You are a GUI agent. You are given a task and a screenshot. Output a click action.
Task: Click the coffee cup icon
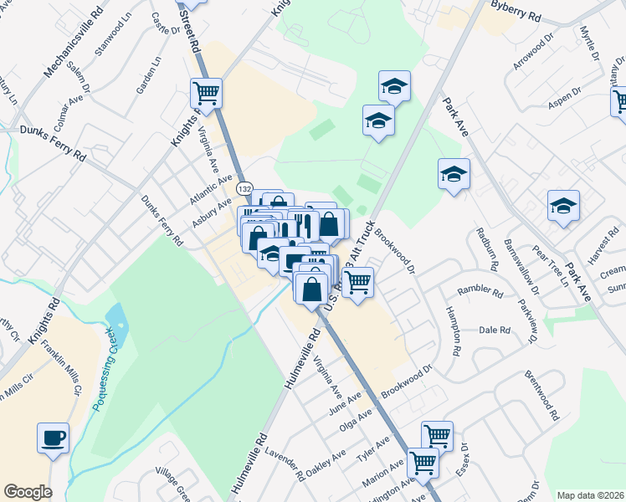click(x=54, y=438)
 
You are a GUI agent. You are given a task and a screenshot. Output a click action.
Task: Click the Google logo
click(x=28, y=492)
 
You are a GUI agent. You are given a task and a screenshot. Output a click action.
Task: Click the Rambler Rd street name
click(x=480, y=294)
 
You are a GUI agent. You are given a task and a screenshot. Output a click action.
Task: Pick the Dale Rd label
click(x=495, y=330)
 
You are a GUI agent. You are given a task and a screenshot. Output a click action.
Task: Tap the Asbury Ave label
click(x=211, y=213)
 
